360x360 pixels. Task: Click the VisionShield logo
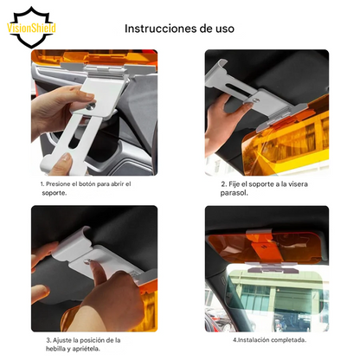click(32, 26)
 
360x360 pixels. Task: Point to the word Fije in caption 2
click(228, 184)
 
